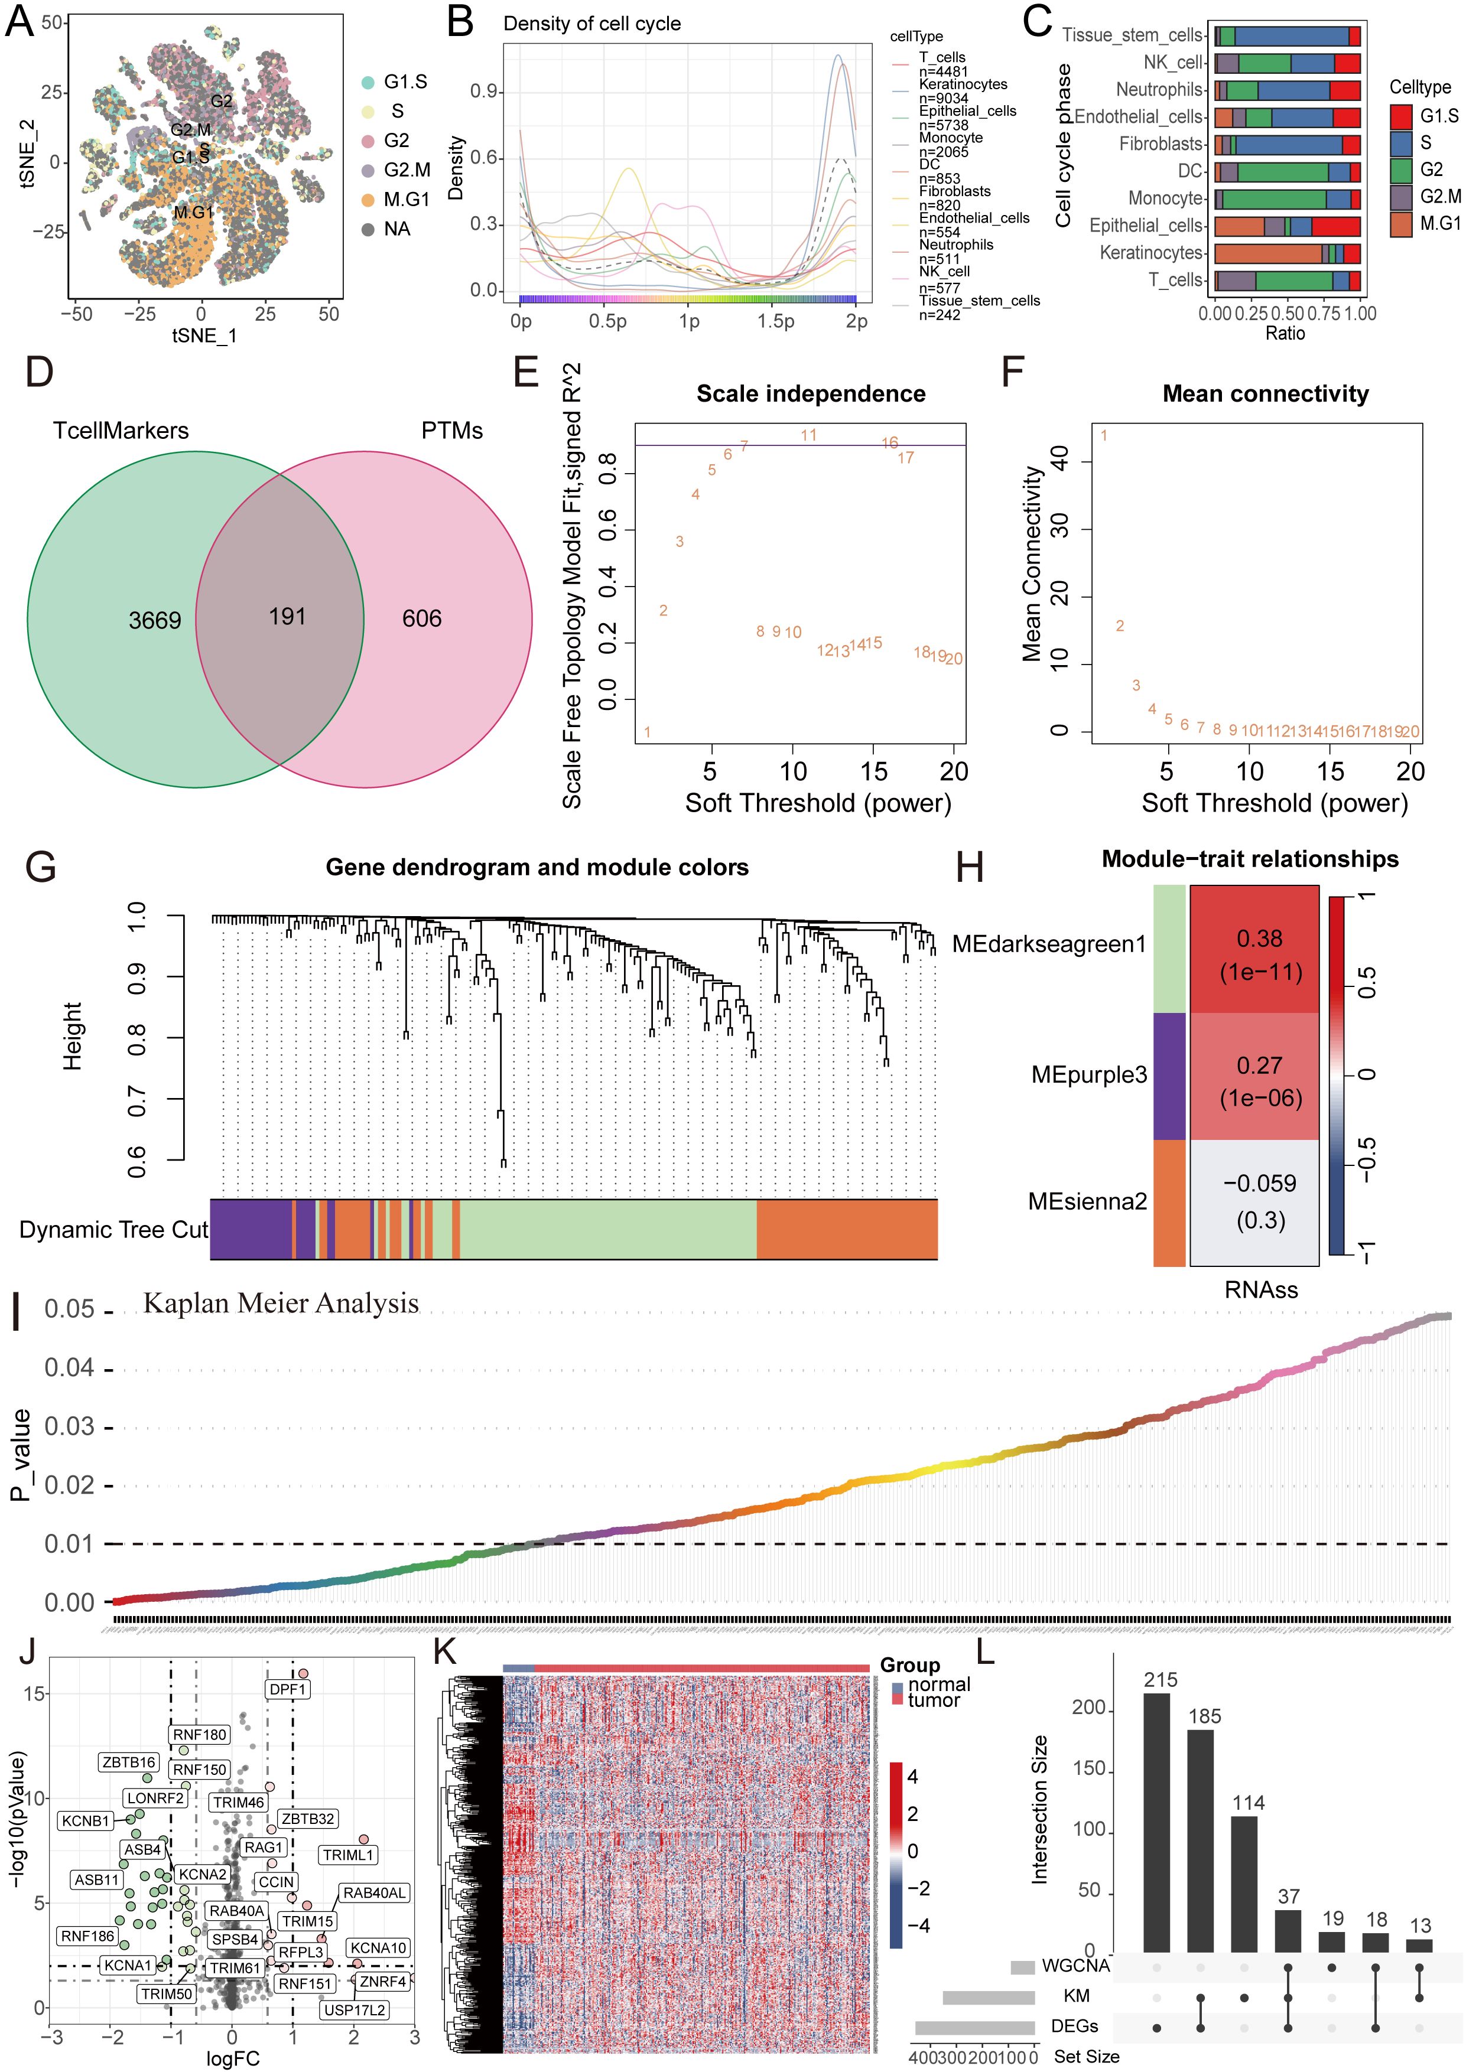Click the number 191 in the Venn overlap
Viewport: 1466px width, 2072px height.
(287, 617)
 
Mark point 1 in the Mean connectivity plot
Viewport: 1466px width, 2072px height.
(1103, 436)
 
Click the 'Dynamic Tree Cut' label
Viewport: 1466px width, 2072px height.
(113, 1230)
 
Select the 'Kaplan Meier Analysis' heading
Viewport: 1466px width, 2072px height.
(281, 1303)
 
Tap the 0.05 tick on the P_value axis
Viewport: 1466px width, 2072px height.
(70, 1308)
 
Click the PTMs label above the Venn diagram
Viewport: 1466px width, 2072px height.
(451, 431)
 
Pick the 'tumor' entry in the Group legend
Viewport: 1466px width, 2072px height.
(932, 1700)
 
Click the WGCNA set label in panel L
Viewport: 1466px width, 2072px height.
(1074, 1966)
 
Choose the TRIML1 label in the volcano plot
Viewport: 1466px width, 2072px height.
(347, 1855)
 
